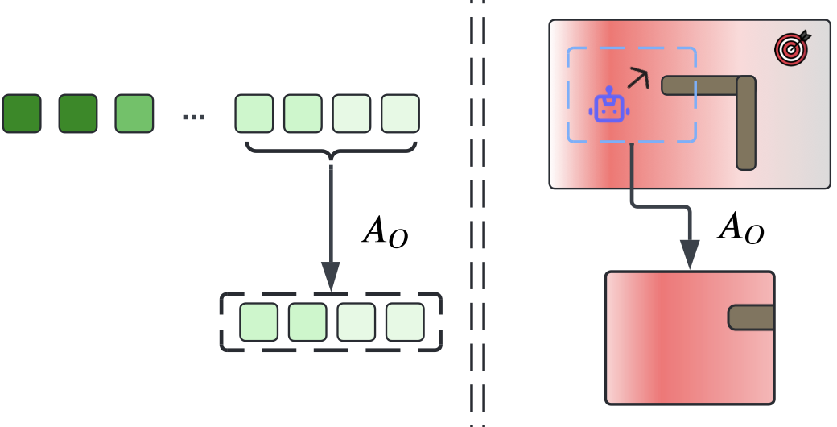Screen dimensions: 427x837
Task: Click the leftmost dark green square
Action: coord(22,114)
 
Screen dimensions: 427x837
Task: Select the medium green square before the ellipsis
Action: coord(134,114)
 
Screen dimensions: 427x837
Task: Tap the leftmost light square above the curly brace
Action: coord(254,114)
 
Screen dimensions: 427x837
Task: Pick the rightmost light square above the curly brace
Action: coord(401,114)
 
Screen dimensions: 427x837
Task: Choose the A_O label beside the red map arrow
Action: coord(740,230)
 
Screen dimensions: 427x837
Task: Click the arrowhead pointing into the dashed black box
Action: coord(332,276)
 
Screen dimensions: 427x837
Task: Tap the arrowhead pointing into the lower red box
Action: coord(690,256)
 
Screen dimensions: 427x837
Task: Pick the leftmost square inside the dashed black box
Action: coord(259,321)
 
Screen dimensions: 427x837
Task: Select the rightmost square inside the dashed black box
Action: coord(405,321)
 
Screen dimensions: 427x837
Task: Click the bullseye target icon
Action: coord(792,48)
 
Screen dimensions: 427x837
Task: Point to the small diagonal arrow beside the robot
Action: coord(637,78)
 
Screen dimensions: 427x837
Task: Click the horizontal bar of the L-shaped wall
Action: coord(700,85)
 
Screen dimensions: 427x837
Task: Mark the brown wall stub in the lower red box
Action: coord(751,317)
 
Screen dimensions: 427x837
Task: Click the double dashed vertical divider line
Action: coord(478,213)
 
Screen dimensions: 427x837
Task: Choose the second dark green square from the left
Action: coord(78,114)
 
